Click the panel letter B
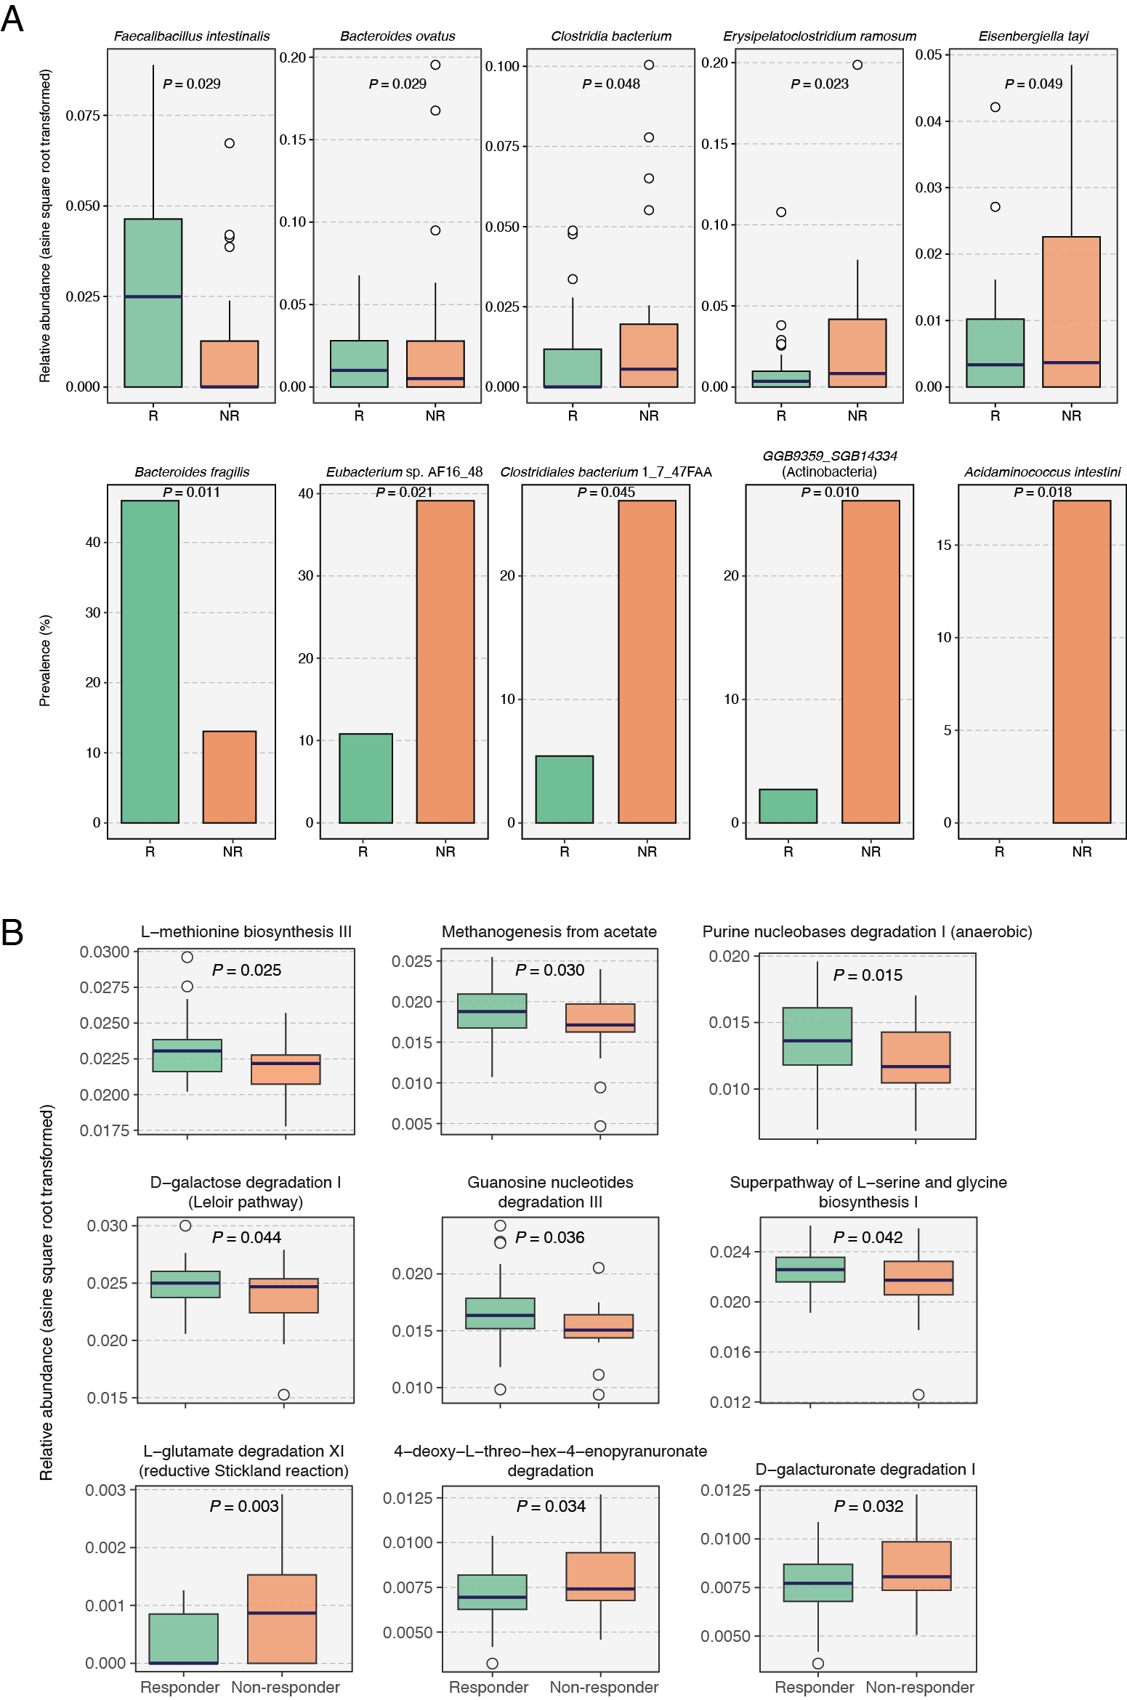12,932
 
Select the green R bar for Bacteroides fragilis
150,661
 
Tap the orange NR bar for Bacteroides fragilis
229,777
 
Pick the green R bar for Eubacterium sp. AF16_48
365,778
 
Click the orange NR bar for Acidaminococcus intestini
1081,661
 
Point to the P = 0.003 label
244,1506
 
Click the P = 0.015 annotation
868,975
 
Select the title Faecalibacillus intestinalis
192,36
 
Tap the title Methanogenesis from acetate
549,932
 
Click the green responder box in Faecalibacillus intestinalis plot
153,303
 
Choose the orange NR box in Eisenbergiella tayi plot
1070,312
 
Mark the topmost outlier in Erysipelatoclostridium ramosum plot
857,65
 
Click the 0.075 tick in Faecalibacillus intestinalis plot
83,116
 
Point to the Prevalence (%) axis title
45,660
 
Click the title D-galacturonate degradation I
865,1469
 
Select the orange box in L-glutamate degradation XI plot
282,1619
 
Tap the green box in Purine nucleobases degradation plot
817,1036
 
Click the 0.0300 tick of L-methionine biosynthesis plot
105,952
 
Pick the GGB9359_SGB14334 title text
829,456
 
